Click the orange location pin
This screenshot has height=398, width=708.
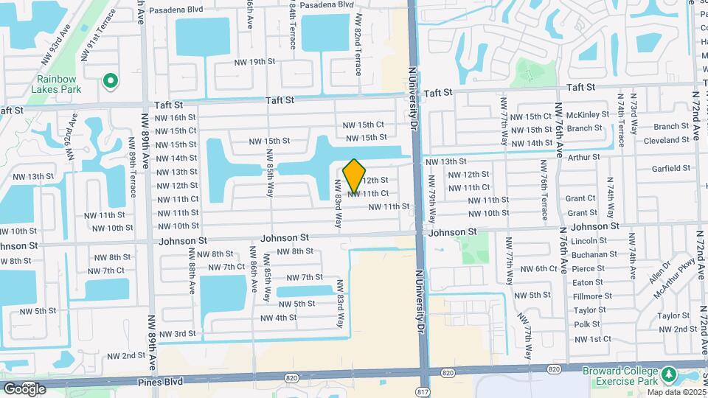pyautogui.click(x=355, y=175)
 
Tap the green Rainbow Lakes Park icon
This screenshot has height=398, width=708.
pyautogui.click(x=110, y=80)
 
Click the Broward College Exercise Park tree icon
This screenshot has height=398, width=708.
pyautogui.click(x=669, y=375)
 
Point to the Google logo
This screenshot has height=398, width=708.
pyautogui.click(x=24, y=388)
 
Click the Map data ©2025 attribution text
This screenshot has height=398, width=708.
pyautogui.click(x=676, y=391)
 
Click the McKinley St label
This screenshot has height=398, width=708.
pyautogui.click(x=587, y=115)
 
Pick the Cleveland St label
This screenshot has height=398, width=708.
pyautogui.click(x=666, y=140)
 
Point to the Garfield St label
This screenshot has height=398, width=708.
pyautogui.click(x=670, y=168)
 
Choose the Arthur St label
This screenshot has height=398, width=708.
pyautogui.click(x=584, y=156)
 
